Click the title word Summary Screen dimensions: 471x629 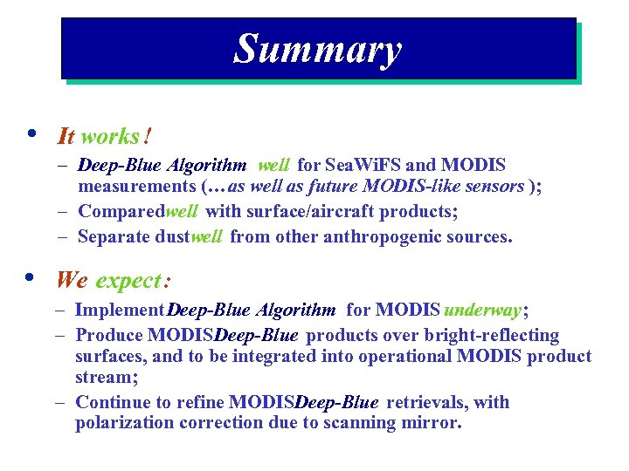(317, 49)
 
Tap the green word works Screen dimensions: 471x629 (110, 136)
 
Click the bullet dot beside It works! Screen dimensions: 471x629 (31, 133)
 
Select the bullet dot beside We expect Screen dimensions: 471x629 (31, 277)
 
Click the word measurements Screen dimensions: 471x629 (136, 186)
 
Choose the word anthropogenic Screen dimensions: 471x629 (389, 236)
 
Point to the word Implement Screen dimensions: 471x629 (120, 310)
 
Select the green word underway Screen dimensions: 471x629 (482, 310)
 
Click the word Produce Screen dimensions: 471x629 (108, 335)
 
